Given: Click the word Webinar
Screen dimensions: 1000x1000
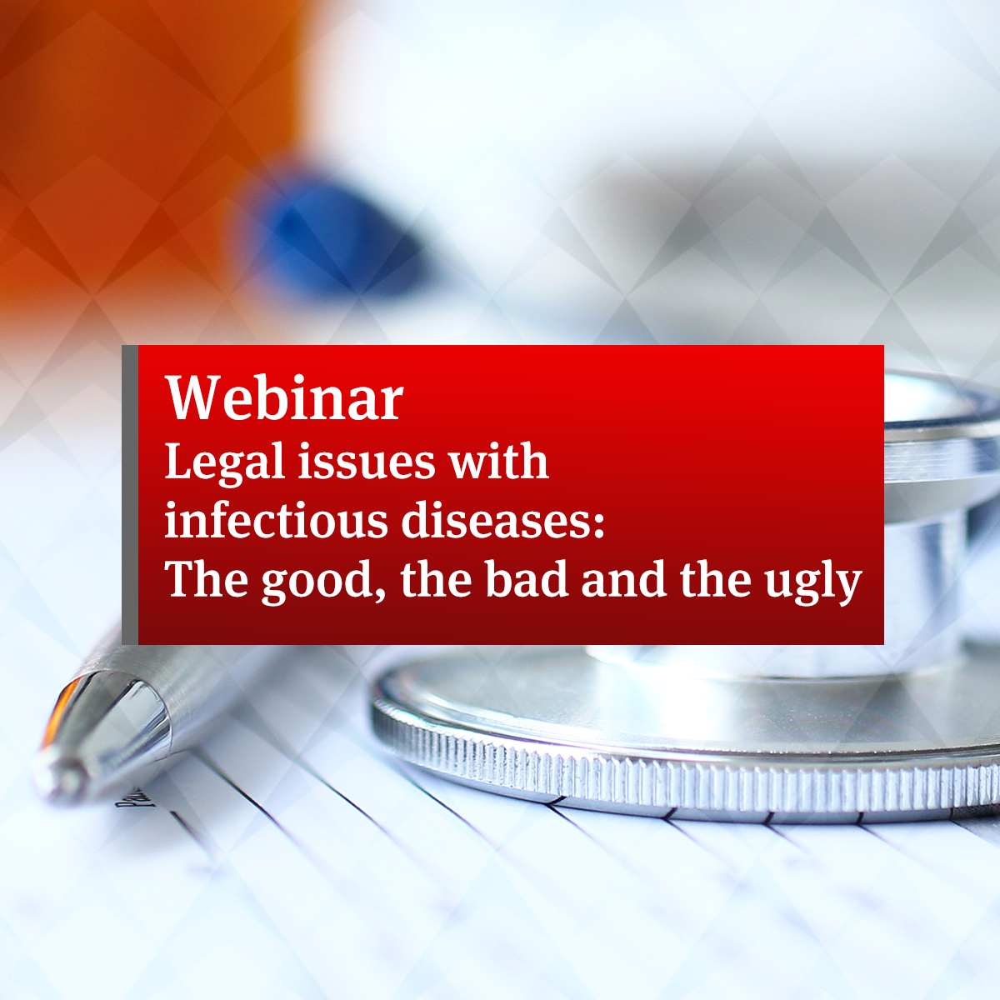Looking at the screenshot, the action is coord(284,397).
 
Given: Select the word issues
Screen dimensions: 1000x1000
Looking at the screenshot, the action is coord(367,462).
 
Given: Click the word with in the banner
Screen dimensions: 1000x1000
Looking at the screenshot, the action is coord(498,460).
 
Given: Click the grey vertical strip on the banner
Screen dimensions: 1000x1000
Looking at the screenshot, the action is coord(130,494).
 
